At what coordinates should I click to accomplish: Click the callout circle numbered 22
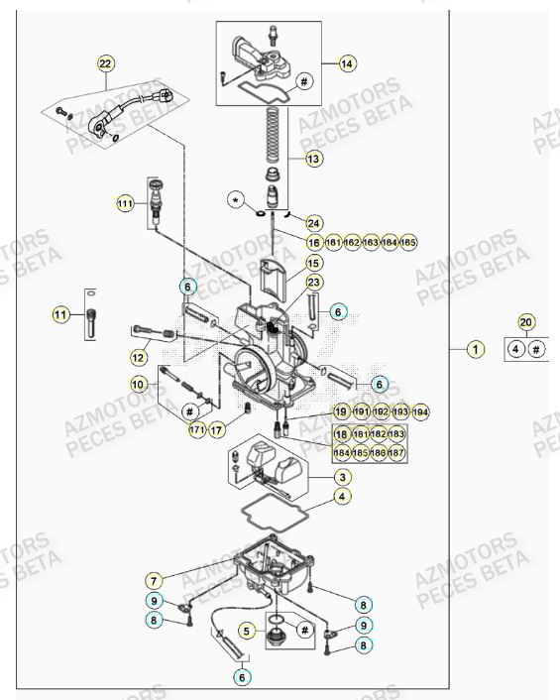pos(106,64)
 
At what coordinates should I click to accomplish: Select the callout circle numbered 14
pos(347,64)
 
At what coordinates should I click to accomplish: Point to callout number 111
pos(125,203)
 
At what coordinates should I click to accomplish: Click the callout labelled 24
pos(313,223)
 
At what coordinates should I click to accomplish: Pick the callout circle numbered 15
pos(313,264)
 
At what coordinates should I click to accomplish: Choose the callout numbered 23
pos(313,284)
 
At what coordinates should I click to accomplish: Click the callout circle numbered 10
pos(139,383)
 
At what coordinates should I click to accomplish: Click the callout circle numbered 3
pos(341,477)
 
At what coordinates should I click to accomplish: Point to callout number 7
pos(154,580)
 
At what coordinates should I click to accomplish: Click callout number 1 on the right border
pos(477,349)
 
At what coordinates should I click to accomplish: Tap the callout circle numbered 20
pos(526,322)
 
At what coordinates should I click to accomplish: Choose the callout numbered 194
pos(419,411)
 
